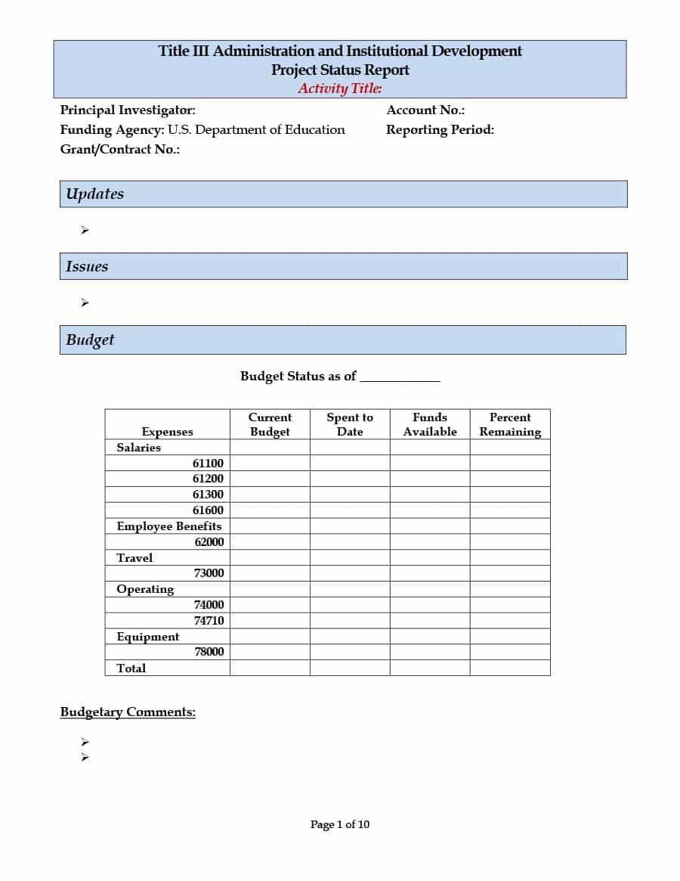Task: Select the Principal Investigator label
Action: [128, 110]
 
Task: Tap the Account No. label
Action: [425, 110]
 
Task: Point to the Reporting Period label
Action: [440, 129]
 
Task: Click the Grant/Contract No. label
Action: [119, 149]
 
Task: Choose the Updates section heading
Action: [94, 194]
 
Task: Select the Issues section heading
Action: [87, 266]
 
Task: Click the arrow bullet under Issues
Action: [85, 303]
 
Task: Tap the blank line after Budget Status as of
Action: [400, 377]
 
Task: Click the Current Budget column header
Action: [270, 424]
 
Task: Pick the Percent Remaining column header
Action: [510, 424]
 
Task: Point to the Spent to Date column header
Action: [350, 424]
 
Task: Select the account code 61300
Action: [208, 495]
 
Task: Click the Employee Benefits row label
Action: [169, 526]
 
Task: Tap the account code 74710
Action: [209, 621]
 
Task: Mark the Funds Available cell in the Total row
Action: [430, 668]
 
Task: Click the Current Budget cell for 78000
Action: [270, 652]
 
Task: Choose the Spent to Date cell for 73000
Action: [350, 573]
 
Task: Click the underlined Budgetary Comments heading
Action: [128, 712]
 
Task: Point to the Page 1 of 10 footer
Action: [340, 824]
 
